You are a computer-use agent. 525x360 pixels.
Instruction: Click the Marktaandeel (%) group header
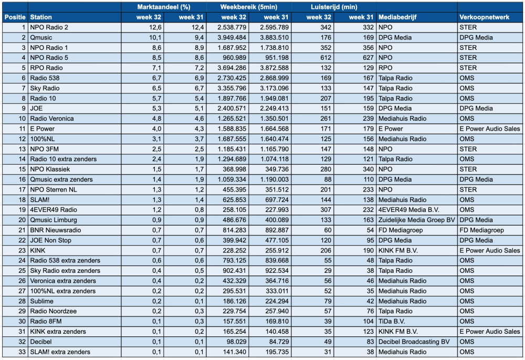click(x=164, y=7)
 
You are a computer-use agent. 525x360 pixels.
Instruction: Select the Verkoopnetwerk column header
click(x=484, y=17)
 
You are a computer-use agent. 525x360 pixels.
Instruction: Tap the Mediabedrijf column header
click(x=397, y=17)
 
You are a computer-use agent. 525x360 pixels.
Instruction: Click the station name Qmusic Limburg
click(x=54, y=220)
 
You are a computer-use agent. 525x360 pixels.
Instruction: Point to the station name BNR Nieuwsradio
click(x=56, y=230)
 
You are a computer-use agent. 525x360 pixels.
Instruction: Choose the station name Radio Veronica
click(x=52, y=119)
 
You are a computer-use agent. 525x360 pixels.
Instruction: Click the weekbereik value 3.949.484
click(x=232, y=37)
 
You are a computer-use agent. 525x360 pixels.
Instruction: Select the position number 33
click(x=22, y=352)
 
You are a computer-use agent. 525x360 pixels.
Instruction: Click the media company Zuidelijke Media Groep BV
click(x=417, y=220)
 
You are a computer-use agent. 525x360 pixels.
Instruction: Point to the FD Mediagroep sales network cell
click(x=481, y=230)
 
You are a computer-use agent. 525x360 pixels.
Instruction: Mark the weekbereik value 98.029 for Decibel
click(x=234, y=342)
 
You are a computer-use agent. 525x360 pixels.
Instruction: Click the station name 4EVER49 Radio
click(x=54, y=210)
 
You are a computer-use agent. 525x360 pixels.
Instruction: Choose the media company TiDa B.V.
click(x=392, y=322)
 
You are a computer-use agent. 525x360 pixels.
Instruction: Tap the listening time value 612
click(x=326, y=58)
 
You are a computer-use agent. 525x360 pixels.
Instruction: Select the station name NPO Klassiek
click(x=50, y=170)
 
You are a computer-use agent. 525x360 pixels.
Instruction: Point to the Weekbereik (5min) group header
click(x=249, y=7)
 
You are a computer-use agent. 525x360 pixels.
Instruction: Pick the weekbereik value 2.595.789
click(x=274, y=27)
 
